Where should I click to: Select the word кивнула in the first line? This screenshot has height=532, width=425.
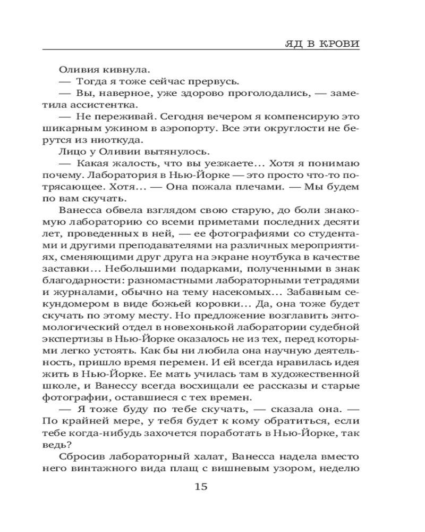[x=124, y=69]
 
